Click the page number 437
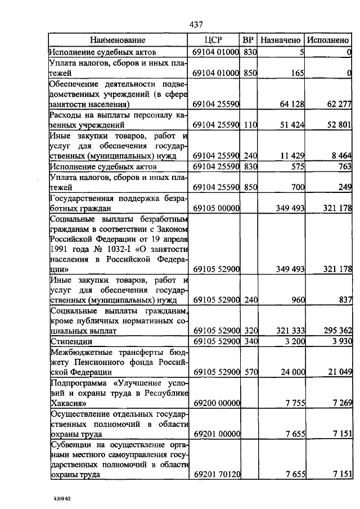coord(196,24)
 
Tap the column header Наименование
coord(118,40)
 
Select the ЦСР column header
coord(216,40)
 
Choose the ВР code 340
coord(250,341)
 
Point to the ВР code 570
coord(250,372)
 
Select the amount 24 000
coord(291,372)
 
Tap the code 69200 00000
coord(217,403)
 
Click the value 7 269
coord(341,403)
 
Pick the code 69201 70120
coord(217,475)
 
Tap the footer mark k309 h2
coord(63,498)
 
